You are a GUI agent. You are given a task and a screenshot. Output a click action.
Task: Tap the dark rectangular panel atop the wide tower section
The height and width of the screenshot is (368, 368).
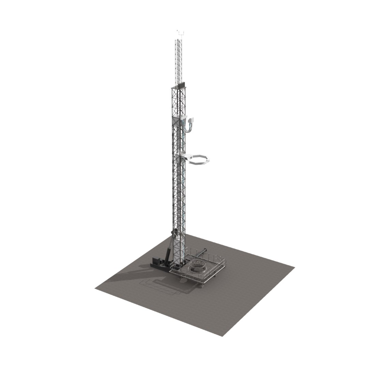[x=181, y=84]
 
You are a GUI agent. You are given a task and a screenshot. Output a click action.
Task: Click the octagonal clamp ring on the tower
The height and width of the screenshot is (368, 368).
[x=197, y=160]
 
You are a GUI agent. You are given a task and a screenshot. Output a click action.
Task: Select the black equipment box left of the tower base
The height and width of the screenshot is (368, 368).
[x=157, y=262]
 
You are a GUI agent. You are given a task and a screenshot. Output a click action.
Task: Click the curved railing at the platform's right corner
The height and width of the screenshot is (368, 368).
[x=223, y=263]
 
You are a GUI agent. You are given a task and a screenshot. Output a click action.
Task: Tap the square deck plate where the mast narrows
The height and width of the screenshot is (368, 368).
[x=179, y=88]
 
